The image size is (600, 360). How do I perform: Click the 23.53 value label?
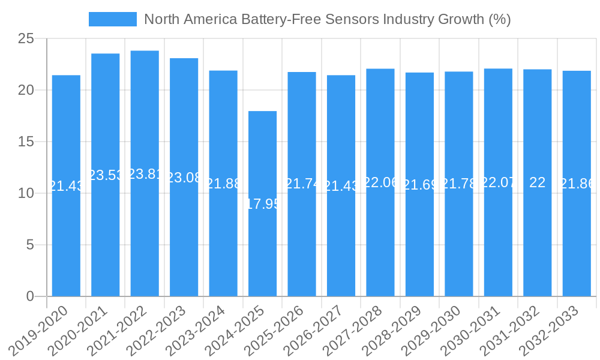(x=106, y=175)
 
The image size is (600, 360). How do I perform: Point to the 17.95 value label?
(x=263, y=204)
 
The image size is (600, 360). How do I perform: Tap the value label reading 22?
(x=538, y=183)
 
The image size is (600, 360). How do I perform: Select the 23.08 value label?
(x=184, y=178)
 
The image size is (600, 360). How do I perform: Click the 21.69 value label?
(x=419, y=185)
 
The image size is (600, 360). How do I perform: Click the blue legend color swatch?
(x=113, y=19)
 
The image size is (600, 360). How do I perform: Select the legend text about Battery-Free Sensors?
(x=328, y=19)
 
